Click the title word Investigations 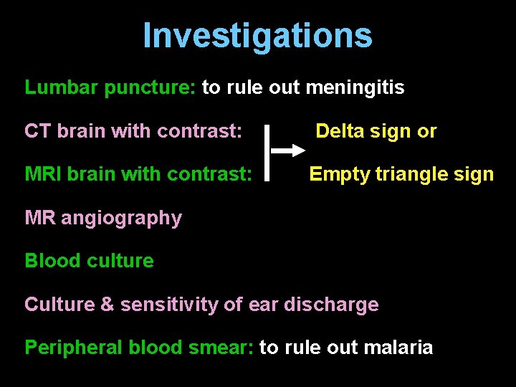pyautogui.click(x=257, y=35)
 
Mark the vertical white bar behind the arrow pyautogui.click(x=267, y=152)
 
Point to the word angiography pyautogui.click(x=121, y=218)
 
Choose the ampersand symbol pyautogui.click(x=107, y=305)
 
